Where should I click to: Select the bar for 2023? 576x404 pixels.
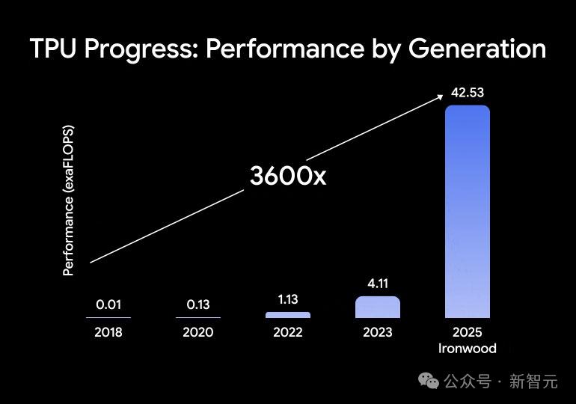click(378, 307)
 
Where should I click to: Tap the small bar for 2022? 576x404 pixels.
click(288, 315)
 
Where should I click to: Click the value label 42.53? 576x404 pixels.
click(468, 94)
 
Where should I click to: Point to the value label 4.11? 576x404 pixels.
click(378, 284)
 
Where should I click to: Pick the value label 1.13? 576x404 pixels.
click(288, 299)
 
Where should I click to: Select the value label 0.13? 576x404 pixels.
click(198, 304)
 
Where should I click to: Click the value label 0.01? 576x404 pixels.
click(108, 304)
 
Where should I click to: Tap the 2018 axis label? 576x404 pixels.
click(108, 332)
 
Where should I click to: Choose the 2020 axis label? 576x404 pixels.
click(198, 332)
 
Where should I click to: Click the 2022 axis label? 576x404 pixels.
click(288, 332)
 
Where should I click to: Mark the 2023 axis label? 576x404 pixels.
click(378, 332)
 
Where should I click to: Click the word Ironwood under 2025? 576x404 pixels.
click(468, 348)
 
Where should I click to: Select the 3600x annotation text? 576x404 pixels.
click(288, 176)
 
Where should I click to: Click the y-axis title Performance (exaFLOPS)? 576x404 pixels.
click(69, 201)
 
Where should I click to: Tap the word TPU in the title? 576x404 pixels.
click(55, 49)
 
